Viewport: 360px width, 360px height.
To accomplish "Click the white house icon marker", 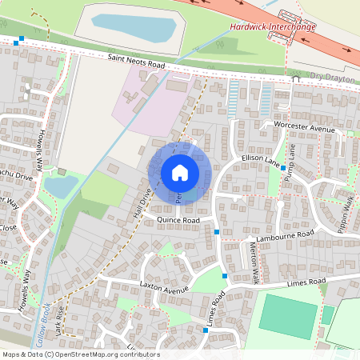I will click(180, 173).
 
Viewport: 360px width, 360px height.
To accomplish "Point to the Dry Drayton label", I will click(331, 78).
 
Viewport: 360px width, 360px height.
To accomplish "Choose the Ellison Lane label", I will click(261, 163).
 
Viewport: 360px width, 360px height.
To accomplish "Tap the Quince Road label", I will click(178, 218).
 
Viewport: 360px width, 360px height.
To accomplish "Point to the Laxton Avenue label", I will click(163, 286).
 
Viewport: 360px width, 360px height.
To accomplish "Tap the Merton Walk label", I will click(255, 263).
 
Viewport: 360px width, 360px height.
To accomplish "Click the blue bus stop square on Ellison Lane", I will click(283, 169).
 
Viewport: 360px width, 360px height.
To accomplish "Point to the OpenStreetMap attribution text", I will click(80, 354).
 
